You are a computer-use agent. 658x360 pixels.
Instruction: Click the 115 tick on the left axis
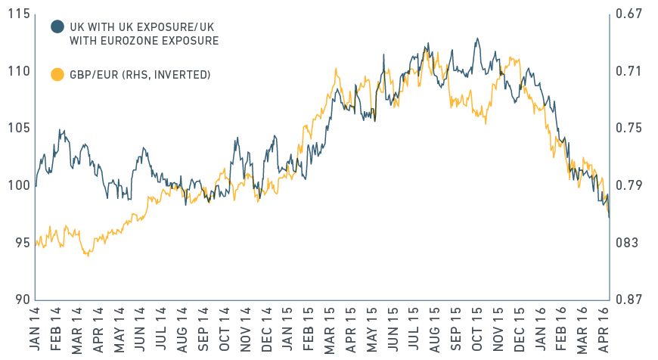click(16, 14)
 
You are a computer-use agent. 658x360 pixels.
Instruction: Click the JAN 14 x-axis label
click(36, 331)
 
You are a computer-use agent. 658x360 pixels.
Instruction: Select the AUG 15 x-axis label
click(435, 331)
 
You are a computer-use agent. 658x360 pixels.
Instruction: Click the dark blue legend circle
click(57, 26)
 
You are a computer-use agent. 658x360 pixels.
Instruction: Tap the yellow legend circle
click(57, 74)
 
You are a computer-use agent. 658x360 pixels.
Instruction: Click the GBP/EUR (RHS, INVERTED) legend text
click(139, 74)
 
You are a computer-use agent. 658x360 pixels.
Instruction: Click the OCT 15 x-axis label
click(477, 331)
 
